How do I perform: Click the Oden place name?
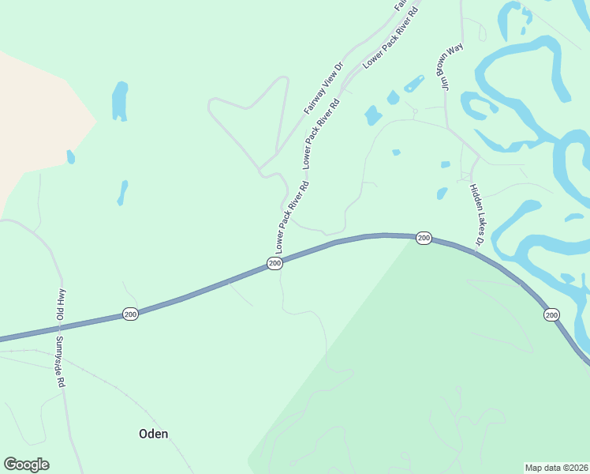tap(153, 434)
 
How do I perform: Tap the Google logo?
tap(26, 465)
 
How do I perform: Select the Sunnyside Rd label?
tap(59, 361)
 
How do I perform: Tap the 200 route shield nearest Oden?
tap(131, 314)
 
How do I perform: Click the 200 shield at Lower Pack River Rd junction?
tap(274, 263)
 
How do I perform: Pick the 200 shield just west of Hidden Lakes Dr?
tap(424, 238)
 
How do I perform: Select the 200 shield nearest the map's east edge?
tap(551, 314)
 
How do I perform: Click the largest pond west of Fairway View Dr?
tap(120, 101)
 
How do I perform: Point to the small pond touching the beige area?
tap(71, 156)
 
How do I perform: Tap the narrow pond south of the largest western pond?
tap(122, 192)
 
